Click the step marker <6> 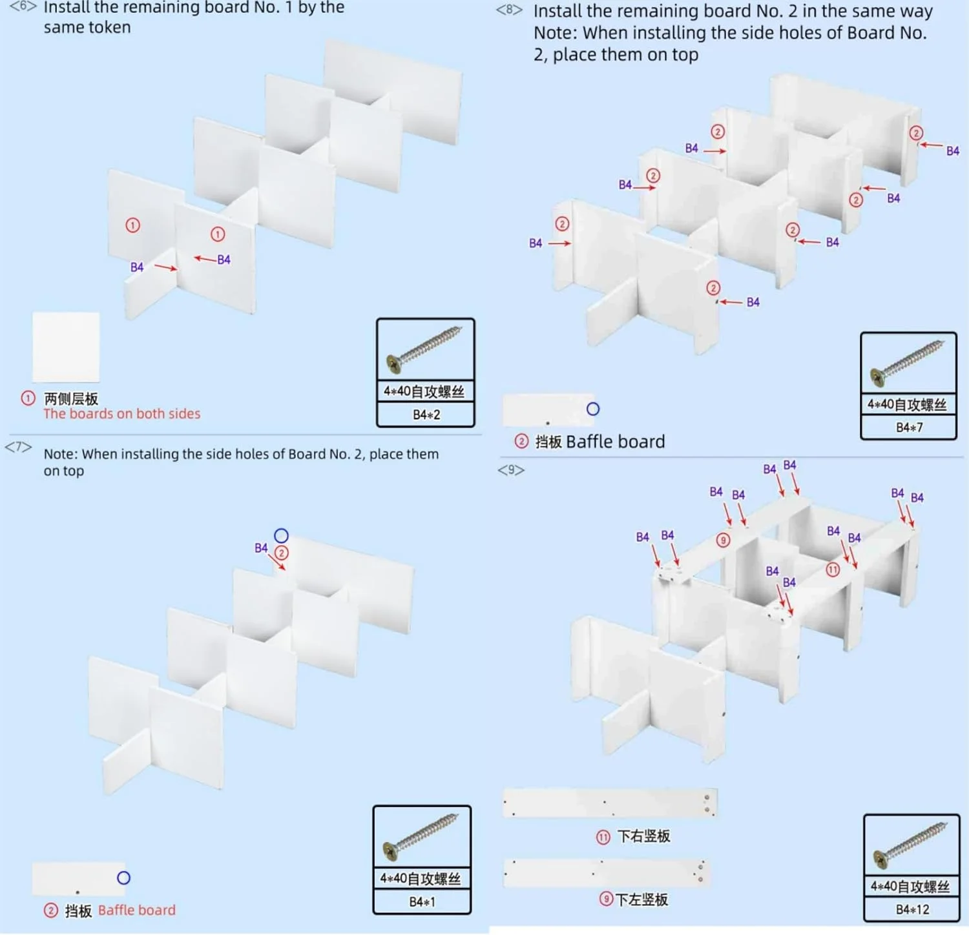coord(23,6)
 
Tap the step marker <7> coord(18,447)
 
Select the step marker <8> coord(509,10)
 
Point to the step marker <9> coord(511,469)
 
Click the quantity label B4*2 coord(426,415)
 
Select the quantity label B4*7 coord(909,427)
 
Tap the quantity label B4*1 coord(422,902)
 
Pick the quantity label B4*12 coord(912,909)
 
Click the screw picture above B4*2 coord(425,350)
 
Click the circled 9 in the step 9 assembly coord(724,540)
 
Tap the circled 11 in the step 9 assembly coord(833,570)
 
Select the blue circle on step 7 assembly coord(281,535)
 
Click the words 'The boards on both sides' coord(122,414)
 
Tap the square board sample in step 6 coord(66,347)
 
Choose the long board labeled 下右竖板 coord(610,803)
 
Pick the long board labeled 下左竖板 coord(606,872)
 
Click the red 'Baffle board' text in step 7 coord(137,910)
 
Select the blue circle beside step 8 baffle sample coord(593,409)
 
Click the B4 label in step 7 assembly coord(261,548)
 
